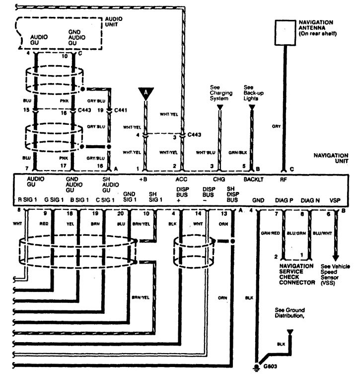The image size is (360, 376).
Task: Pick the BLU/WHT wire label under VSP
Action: click(x=322, y=233)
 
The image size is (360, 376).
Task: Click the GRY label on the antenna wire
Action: click(x=277, y=126)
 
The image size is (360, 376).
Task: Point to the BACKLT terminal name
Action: click(x=252, y=179)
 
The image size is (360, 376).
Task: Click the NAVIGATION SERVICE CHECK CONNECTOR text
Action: click(x=297, y=274)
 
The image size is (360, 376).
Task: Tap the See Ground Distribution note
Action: click(x=290, y=312)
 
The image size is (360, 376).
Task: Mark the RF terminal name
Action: click(x=284, y=179)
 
